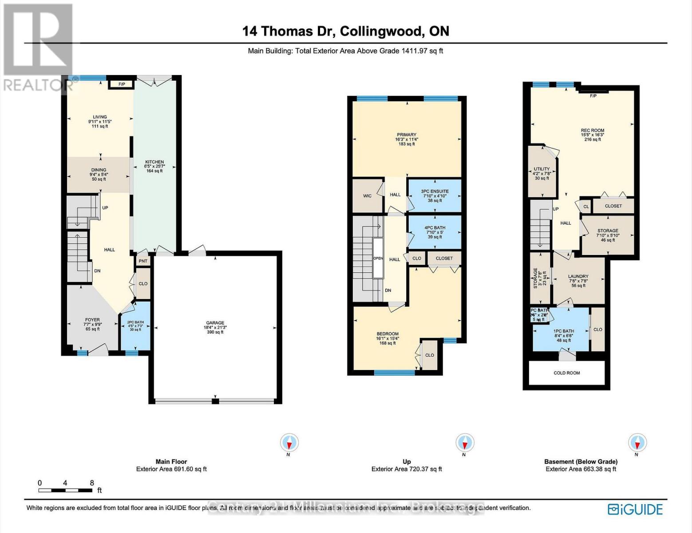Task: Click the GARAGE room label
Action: [x=215, y=323]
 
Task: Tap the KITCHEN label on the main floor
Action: [x=154, y=162]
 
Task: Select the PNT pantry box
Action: [x=143, y=261]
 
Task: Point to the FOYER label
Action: [x=92, y=320]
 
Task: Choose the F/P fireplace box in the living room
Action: [x=121, y=84]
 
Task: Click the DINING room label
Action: [x=99, y=170]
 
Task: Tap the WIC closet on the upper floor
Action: [x=367, y=195]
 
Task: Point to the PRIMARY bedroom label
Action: [x=407, y=135]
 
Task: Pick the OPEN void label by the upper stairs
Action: [x=378, y=259]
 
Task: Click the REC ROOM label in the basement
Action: [x=593, y=131]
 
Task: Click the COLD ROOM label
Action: [x=567, y=373]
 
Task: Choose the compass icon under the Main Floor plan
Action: [x=289, y=443]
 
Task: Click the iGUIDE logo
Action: [x=635, y=509]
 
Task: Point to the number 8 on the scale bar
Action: [x=92, y=483]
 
